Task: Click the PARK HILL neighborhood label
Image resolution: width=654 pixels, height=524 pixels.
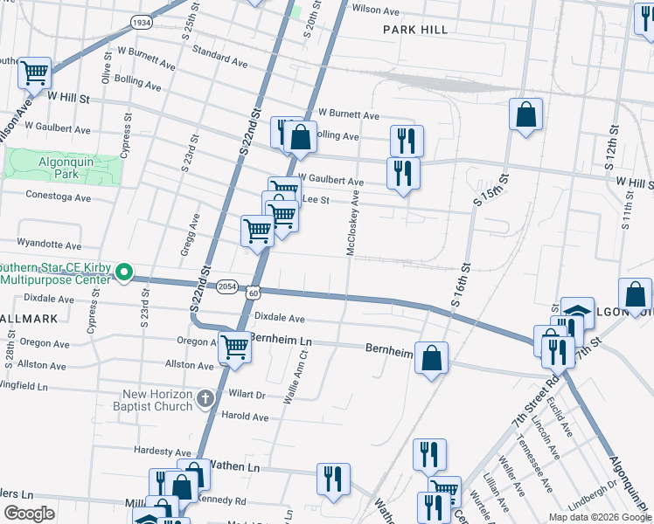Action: pos(415,30)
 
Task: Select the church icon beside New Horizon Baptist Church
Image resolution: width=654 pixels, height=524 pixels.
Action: pos(205,399)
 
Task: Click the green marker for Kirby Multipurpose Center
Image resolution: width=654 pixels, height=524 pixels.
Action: pos(124,274)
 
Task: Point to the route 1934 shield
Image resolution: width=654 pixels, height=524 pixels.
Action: pos(139,21)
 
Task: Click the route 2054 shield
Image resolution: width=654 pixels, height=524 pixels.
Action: pos(227,285)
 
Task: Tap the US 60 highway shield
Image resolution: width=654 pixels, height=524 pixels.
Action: pos(252,293)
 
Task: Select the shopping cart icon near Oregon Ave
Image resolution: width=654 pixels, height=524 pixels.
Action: pos(235,347)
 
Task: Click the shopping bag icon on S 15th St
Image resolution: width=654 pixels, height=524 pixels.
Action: pos(525,114)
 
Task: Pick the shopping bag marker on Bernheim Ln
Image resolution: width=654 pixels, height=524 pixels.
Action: pos(431,357)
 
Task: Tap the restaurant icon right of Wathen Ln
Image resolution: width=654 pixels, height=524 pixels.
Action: pos(333,479)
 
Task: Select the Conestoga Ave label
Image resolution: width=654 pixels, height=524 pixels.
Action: pos(59,197)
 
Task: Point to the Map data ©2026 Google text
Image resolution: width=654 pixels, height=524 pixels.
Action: pos(599,516)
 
